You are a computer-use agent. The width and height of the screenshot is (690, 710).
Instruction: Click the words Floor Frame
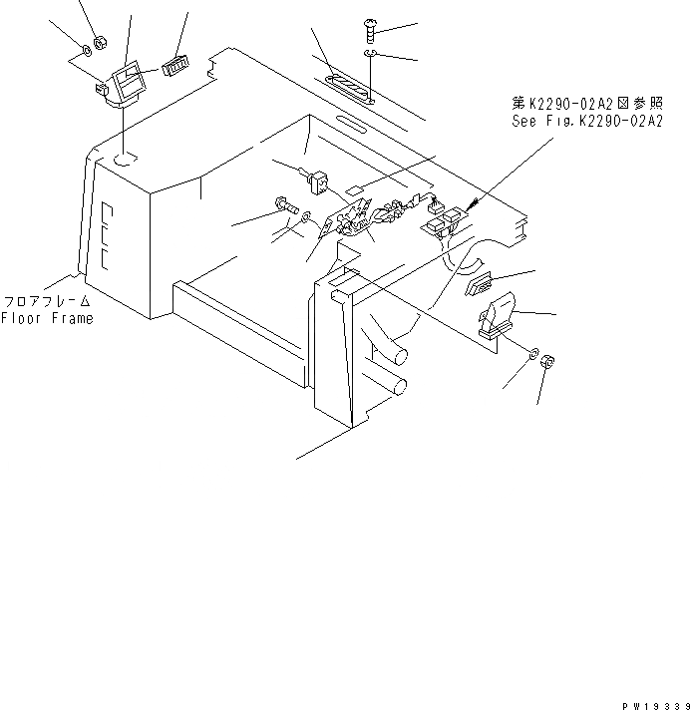[x=47, y=319]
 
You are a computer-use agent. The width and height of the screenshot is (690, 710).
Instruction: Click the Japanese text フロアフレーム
[x=47, y=302]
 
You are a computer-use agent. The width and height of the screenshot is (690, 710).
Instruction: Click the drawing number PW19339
[x=654, y=703]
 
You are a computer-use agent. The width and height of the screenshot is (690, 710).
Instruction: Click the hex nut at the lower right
[x=546, y=365]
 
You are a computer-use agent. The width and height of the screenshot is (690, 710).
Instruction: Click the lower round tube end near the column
[x=399, y=386]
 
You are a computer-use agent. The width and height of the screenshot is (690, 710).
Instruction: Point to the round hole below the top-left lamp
[x=124, y=159]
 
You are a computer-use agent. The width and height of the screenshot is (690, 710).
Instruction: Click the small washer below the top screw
[x=370, y=53]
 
